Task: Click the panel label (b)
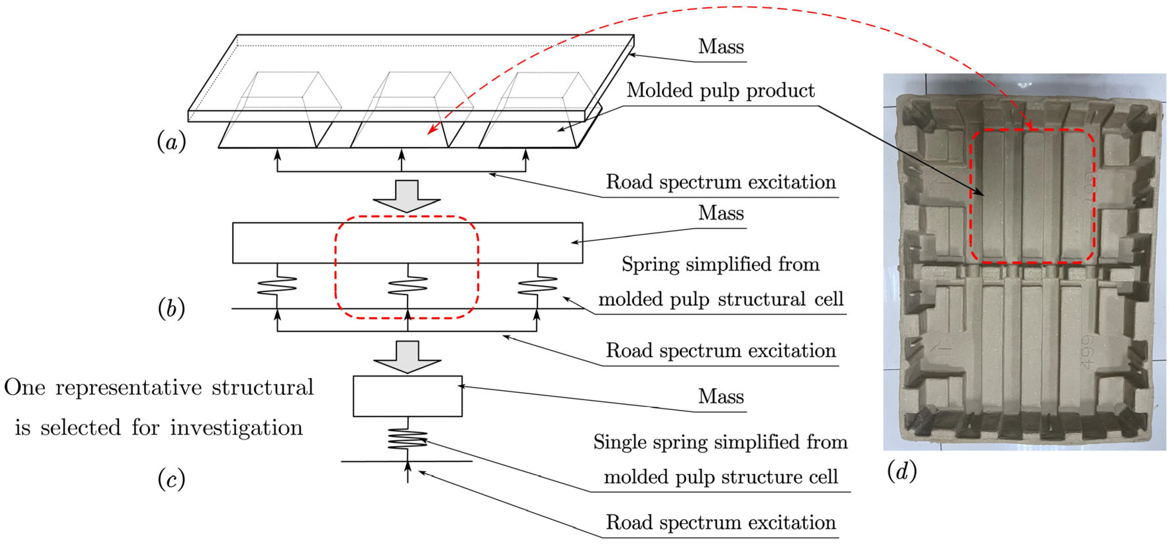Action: coord(171,309)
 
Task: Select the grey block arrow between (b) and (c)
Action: coord(407,357)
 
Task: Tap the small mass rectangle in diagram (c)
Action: coord(407,396)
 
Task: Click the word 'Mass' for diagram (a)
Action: coord(721,47)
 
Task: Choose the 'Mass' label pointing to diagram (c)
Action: coord(721,396)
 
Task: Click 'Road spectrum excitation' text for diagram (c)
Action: coord(721,522)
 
